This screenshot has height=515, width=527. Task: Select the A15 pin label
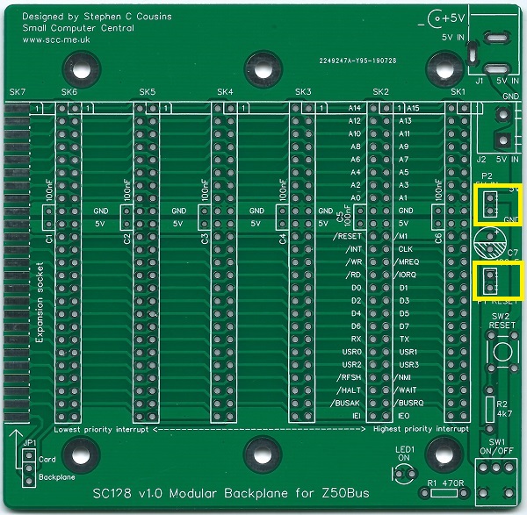pos(412,108)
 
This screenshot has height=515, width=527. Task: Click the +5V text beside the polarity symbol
pos(454,17)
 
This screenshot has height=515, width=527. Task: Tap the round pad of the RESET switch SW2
pos(501,354)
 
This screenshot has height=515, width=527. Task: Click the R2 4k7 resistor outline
pos(489,406)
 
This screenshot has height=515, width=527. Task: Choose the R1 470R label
pos(445,483)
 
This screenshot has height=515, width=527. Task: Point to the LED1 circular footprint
pos(405,475)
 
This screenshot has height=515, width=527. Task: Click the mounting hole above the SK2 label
pos(439,67)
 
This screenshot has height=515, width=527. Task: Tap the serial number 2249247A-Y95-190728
pos(358,63)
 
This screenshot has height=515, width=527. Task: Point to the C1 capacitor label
pos(49,238)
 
